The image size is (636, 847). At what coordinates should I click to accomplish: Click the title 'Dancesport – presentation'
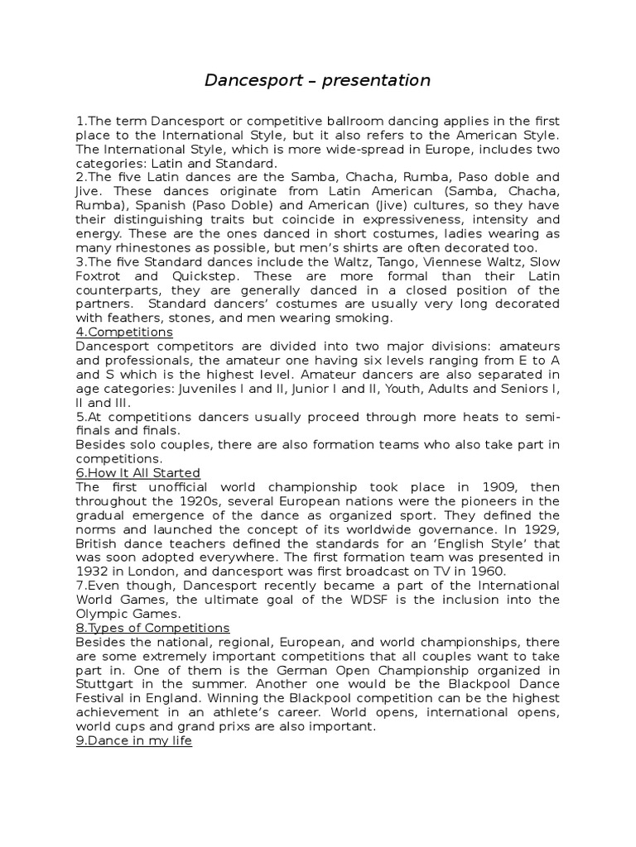(318, 80)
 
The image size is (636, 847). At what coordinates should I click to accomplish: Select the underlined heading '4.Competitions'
(124, 332)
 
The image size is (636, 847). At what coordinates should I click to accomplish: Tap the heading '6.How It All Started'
(138, 472)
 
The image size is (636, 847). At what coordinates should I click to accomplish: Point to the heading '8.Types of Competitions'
(152, 627)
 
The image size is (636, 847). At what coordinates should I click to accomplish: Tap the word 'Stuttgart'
(102, 683)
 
